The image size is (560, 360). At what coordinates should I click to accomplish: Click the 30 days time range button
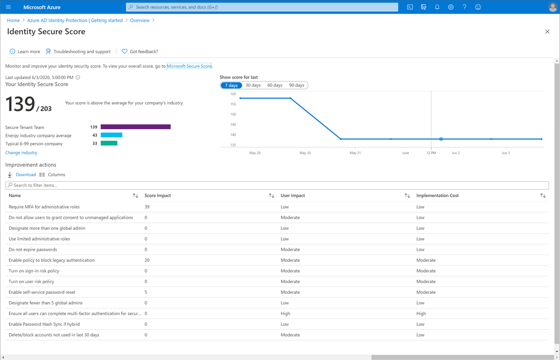coord(253,85)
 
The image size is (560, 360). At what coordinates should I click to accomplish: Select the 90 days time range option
coord(297,85)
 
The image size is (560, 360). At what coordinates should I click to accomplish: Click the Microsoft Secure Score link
coord(189,66)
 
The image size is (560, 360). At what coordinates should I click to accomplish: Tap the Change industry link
coord(21,153)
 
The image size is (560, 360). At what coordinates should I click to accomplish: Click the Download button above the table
coord(25,174)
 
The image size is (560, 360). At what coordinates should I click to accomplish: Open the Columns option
coord(56,174)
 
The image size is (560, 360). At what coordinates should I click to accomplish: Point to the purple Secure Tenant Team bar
coord(136,127)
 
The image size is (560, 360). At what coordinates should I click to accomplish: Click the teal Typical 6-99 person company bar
coord(109,144)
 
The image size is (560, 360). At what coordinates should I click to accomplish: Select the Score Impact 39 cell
coord(147,207)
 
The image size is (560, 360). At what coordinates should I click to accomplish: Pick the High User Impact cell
coord(285,313)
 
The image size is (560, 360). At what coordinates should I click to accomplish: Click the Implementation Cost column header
coord(437,196)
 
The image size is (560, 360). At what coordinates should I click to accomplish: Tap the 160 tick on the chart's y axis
coord(233,94)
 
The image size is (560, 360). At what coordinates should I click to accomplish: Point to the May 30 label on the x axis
coord(305,153)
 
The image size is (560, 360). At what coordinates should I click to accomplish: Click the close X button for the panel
coord(548,31)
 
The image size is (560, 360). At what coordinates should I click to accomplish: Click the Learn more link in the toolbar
coord(29,52)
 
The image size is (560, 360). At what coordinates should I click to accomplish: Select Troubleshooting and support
coord(82,52)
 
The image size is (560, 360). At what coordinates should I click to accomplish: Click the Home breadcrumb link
coord(13,20)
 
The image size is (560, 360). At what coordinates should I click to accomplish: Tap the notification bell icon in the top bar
coord(437,7)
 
